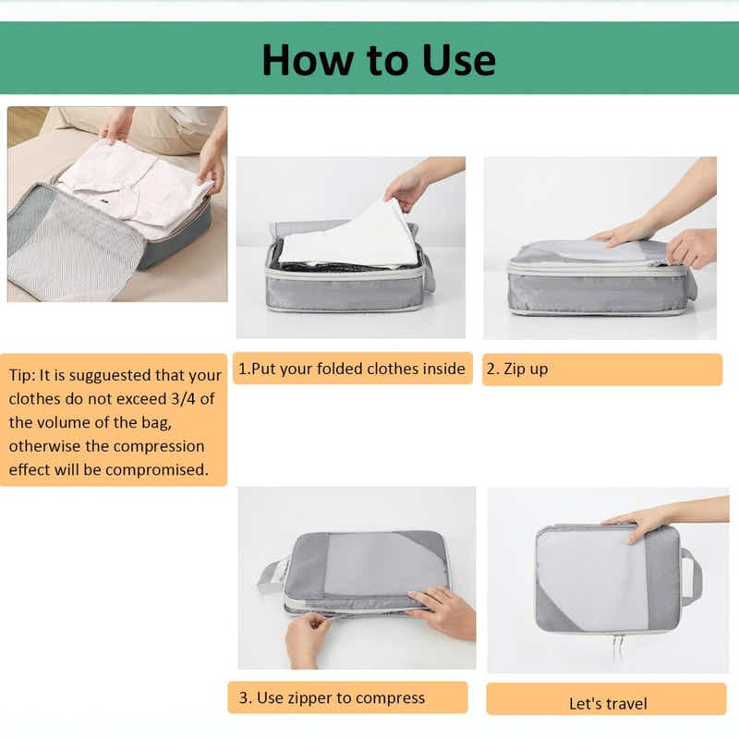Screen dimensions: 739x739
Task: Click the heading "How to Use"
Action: pyautogui.click(x=378, y=59)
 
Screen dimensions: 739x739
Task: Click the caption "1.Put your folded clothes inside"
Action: pyautogui.click(x=352, y=369)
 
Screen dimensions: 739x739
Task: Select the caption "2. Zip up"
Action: pyautogui.click(x=516, y=369)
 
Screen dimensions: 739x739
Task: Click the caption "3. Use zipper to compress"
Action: pyautogui.click(x=332, y=697)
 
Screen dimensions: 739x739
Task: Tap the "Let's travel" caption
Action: pyautogui.click(x=607, y=704)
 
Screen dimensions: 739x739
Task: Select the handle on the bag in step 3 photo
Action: pyautogui.click(x=270, y=576)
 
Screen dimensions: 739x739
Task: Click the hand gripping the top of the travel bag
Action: pyautogui.click(x=637, y=521)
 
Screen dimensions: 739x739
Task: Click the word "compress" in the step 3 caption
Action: pyautogui.click(x=392, y=697)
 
